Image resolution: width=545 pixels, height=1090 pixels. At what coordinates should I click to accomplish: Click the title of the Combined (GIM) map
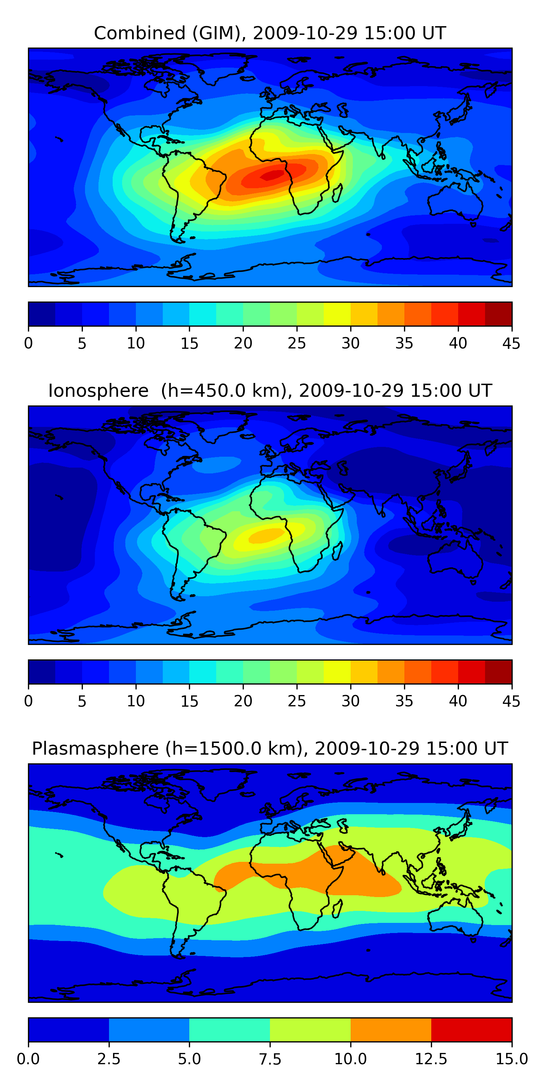pos(270,33)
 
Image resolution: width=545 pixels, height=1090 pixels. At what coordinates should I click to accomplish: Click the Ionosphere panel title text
pos(270,391)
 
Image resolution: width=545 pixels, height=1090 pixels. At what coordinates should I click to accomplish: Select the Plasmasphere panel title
pos(270,748)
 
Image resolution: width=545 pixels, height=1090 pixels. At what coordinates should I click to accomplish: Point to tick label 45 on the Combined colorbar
pos(511,343)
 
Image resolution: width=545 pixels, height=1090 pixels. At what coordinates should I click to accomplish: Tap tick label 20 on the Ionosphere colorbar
pos(243,701)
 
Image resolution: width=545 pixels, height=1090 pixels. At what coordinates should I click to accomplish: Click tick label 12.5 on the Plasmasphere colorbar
pos(431,1059)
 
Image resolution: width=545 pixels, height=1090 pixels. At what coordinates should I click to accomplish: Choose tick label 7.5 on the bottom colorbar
pos(270,1059)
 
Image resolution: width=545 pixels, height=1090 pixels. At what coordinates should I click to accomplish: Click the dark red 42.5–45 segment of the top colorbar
pos(498,314)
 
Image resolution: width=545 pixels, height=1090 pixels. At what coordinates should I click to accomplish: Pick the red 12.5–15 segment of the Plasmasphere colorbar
pos(471,1029)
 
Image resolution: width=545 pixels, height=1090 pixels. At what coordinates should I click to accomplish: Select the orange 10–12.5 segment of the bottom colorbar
pos(391,1029)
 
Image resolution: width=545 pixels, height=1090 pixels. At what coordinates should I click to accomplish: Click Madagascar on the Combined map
pos(337,193)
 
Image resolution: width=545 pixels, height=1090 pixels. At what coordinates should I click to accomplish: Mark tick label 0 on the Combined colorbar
pos(28,343)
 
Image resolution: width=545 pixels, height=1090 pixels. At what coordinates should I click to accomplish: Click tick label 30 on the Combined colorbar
pos(350,343)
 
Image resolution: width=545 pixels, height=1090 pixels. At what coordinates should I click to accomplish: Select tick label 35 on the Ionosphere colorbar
pos(404,701)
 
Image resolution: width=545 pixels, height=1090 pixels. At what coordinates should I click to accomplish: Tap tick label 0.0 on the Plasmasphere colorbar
pos(28,1059)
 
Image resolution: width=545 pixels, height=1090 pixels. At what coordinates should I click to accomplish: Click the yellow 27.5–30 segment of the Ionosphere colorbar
pos(337,672)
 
